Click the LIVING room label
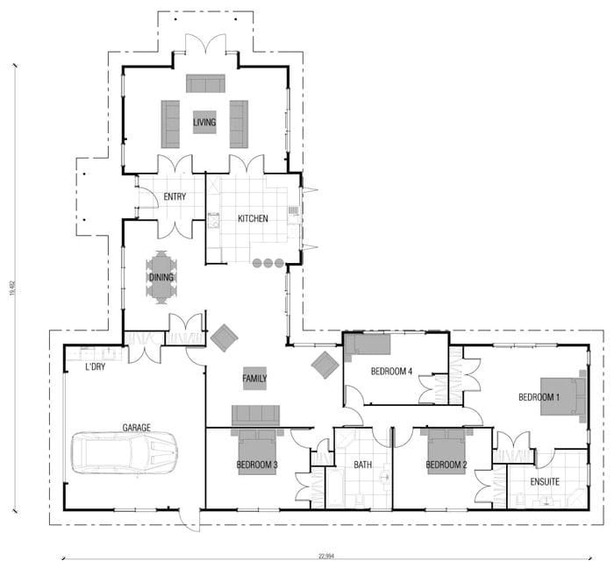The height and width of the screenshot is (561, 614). tap(204, 123)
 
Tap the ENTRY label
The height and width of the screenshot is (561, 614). tap(175, 197)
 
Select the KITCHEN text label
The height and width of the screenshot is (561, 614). tap(253, 218)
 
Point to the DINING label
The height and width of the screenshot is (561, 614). tap(161, 278)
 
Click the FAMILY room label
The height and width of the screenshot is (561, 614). tap(254, 379)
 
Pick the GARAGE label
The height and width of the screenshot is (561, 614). tap(136, 428)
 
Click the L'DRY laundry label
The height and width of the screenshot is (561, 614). tap(95, 366)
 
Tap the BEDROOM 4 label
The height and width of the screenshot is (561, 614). tap(391, 372)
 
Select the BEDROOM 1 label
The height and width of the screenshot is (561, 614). tap(539, 397)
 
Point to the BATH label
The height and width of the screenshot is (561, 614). tap(363, 465)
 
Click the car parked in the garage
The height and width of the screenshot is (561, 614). tap(126, 452)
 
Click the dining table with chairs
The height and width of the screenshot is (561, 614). tap(161, 277)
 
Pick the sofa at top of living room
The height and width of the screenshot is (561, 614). tap(205, 83)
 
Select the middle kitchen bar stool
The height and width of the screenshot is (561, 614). tap(268, 263)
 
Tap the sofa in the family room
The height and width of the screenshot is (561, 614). tap(255, 415)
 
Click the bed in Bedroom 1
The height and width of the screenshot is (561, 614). tap(561, 397)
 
